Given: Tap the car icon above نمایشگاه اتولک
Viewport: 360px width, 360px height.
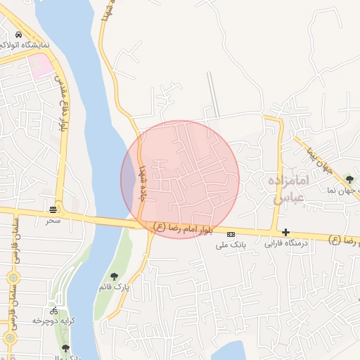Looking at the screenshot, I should click(18, 34).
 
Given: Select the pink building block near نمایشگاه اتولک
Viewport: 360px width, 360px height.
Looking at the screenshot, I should click(40, 65).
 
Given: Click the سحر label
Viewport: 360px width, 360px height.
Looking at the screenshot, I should click(54, 221).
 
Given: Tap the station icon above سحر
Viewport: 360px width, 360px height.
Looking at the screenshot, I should click(54, 210).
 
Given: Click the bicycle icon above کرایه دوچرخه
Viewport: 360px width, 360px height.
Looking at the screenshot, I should click(54, 310).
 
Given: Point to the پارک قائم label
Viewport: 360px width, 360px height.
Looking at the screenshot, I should click(114, 287).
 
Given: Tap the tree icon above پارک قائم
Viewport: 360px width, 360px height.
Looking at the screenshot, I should click(115, 276).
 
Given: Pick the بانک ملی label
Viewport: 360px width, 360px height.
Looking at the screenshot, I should click(231, 244).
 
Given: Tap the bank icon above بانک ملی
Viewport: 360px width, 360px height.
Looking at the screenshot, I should click(231, 233).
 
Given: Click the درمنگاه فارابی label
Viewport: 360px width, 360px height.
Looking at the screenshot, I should click(286, 244).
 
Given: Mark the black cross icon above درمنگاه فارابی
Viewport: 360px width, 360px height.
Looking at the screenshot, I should click(285, 232).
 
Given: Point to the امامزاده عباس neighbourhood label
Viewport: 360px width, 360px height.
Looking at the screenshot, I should click(289, 189).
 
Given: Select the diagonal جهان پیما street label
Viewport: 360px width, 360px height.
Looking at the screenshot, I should click(319, 158).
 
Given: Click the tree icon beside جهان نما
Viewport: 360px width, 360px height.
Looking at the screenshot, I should click(350, 179).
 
